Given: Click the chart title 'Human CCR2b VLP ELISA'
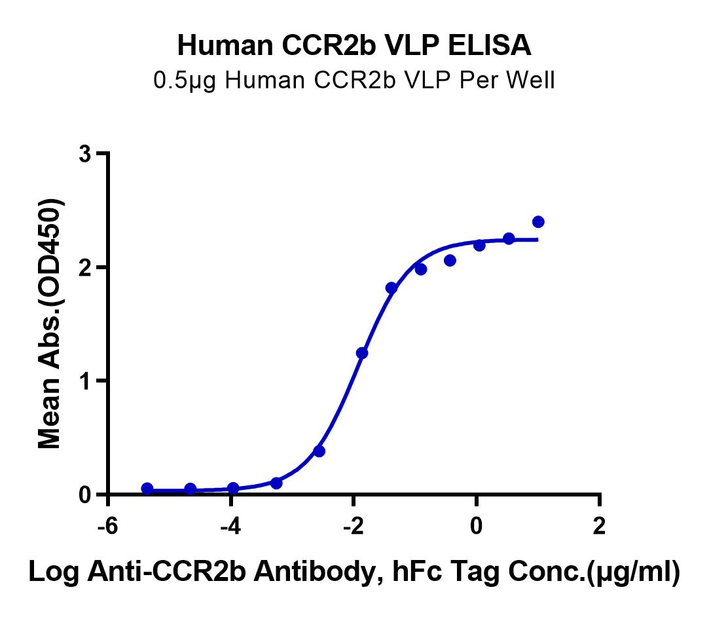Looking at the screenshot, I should click(354, 46).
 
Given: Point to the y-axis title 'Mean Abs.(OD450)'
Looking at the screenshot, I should click(50, 324).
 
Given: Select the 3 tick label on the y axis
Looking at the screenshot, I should click(84, 154).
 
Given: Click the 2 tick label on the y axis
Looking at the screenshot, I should click(84, 267).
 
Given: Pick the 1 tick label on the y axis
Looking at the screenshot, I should click(84, 381).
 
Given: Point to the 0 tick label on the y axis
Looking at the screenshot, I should click(84, 495).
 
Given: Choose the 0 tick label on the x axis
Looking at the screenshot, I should click(477, 528).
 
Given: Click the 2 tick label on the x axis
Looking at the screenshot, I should click(599, 528).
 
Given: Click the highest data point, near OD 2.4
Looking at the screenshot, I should click(538, 222).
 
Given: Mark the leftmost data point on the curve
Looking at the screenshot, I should click(147, 489).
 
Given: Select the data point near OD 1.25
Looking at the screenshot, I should click(362, 353).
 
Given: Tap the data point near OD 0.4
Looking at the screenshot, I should click(319, 451).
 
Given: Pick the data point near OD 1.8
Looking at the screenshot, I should click(391, 288).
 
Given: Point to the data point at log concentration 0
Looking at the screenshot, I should click(479, 245).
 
